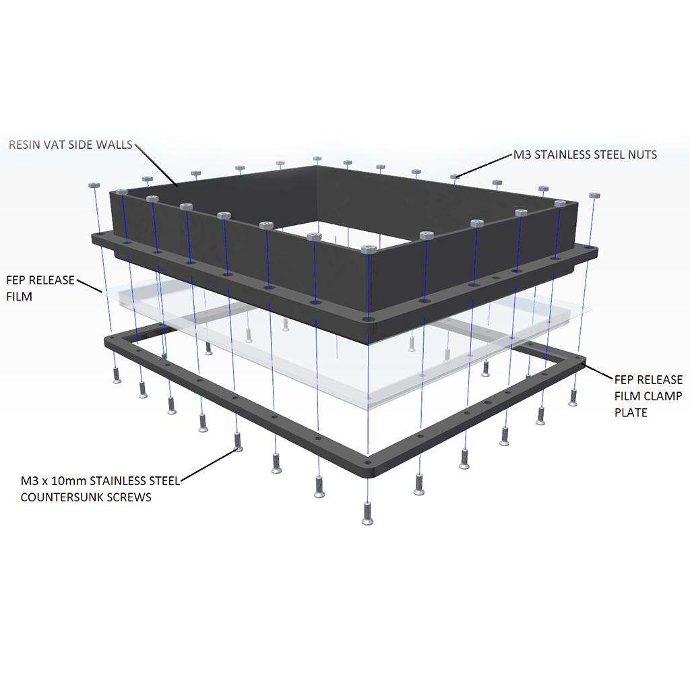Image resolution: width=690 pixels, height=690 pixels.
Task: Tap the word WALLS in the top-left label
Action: pos(116,144)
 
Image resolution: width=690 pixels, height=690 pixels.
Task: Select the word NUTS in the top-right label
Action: pos(642,155)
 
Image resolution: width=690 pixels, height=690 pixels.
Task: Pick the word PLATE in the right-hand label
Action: pos(631,412)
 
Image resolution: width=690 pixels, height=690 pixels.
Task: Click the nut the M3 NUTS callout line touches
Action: pos(456,177)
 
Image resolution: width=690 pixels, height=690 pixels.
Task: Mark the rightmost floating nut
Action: pos(594,195)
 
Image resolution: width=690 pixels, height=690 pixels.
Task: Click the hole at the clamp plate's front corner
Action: pos(367,464)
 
